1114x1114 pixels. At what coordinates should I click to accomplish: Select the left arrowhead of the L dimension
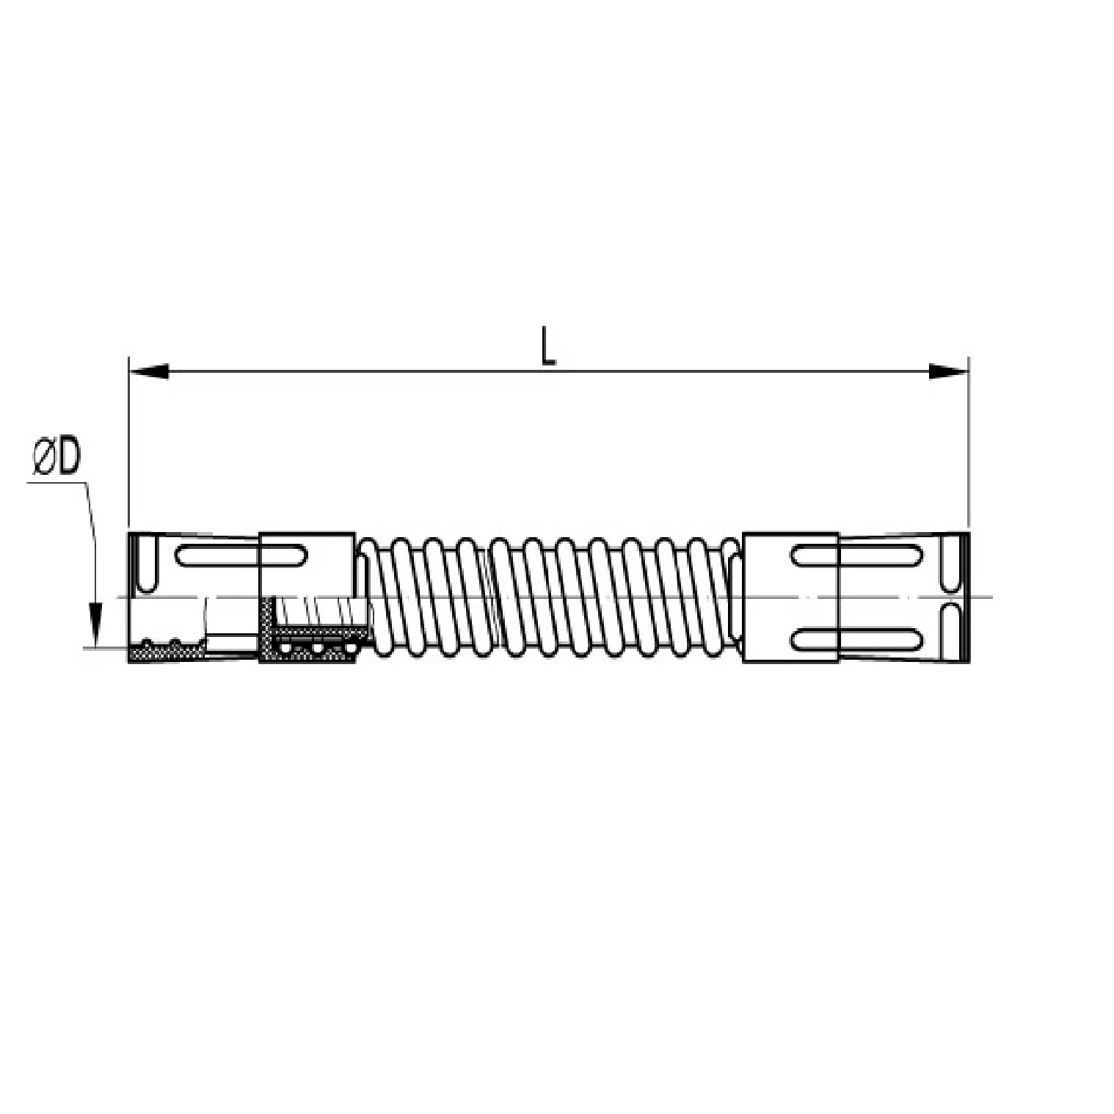pyautogui.click(x=149, y=372)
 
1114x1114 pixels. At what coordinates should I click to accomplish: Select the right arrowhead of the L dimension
pyautogui.click(x=948, y=372)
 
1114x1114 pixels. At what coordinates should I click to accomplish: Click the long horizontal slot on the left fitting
pyautogui.click(x=241, y=555)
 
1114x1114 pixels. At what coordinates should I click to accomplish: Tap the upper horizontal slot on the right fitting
pyautogui.click(x=856, y=556)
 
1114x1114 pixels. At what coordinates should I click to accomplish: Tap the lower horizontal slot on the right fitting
pyautogui.click(x=856, y=638)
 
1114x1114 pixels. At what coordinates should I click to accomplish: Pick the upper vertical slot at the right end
pyautogui.click(x=952, y=564)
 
